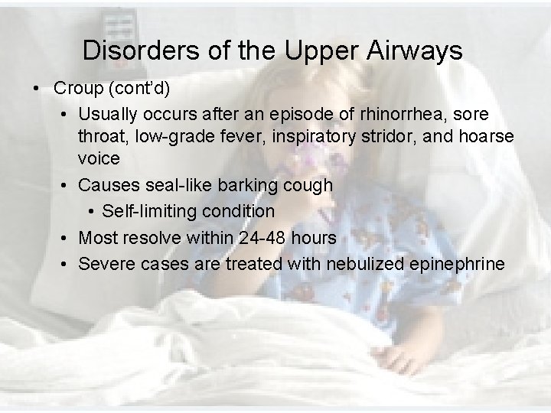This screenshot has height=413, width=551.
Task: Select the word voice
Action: (99, 158)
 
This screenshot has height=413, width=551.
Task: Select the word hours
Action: (314, 238)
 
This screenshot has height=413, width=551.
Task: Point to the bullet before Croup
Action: (37, 88)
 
